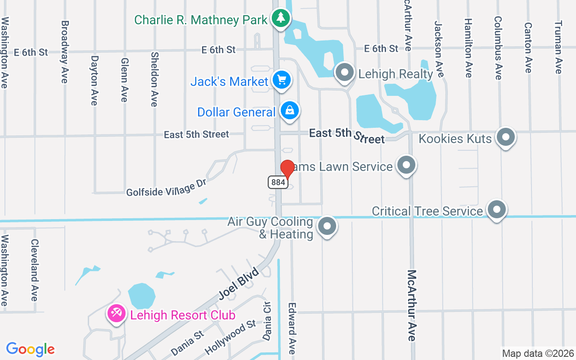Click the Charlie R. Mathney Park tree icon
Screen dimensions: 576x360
(x=281, y=18)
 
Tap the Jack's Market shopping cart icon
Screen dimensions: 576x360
(x=282, y=81)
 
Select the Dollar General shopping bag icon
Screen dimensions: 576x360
(x=290, y=110)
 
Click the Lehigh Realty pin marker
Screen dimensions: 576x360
(x=345, y=72)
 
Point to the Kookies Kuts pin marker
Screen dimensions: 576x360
(x=505, y=137)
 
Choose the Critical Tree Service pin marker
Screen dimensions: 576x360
(x=497, y=210)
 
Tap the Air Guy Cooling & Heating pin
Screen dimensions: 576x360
(x=327, y=226)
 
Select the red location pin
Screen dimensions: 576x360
(x=287, y=170)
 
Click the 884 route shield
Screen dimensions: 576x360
(x=278, y=182)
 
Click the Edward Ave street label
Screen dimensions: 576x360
(x=292, y=328)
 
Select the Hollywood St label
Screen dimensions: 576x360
(x=230, y=337)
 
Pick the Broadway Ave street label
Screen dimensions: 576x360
(x=64, y=52)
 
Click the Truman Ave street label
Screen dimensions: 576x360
(x=558, y=47)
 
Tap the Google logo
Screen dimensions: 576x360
(x=31, y=349)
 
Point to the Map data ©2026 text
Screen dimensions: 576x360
(x=538, y=353)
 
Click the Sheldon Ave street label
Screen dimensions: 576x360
(x=154, y=79)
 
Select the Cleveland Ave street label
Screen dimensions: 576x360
(x=34, y=270)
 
